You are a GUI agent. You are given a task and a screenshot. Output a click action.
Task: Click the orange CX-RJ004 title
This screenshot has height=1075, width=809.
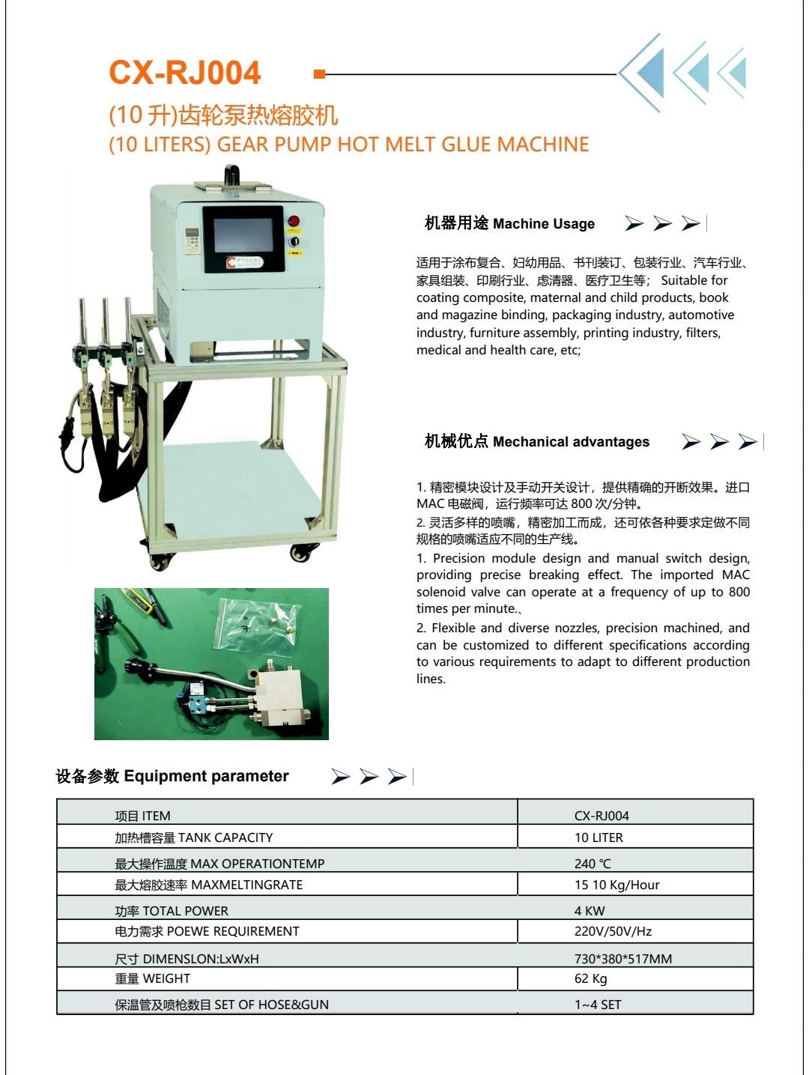(184, 73)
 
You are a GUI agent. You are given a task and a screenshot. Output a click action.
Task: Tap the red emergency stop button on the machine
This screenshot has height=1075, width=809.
(294, 220)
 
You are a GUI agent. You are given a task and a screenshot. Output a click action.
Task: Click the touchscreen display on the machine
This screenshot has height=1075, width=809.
(243, 235)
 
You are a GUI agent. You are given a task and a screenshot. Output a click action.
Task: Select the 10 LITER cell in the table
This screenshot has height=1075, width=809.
(599, 838)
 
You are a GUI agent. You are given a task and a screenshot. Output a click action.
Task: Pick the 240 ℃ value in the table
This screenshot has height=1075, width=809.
(593, 864)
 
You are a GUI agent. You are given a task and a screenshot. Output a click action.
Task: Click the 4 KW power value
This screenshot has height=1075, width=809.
(590, 910)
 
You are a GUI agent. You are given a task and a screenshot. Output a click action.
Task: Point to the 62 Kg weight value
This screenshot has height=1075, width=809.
(590, 978)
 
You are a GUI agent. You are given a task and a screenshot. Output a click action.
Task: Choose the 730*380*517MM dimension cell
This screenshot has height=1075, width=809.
(623, 958)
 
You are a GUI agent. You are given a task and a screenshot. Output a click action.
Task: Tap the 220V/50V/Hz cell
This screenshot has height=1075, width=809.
(613, 931)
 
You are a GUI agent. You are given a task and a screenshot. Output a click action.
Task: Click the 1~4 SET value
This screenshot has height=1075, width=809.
(598, 1005)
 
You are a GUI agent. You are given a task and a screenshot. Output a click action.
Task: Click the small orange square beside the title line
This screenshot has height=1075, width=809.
(319, 74)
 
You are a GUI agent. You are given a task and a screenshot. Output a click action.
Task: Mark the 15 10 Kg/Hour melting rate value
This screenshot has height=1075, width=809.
(616, 885)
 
